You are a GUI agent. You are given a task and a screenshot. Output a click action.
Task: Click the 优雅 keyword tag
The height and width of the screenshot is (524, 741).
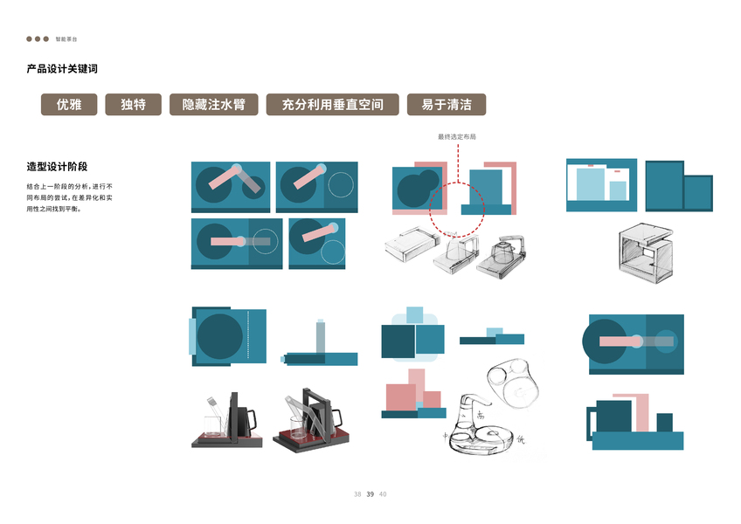click(x=69, y=105)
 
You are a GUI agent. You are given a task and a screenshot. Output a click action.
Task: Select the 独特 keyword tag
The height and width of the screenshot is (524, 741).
click(x=133, y=105)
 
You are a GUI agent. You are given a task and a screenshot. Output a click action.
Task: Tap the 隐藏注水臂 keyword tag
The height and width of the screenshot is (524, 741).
click(x=213, y=105)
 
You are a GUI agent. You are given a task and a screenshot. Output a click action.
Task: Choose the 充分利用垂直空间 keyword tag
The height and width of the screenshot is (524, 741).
click(x=332, y=105)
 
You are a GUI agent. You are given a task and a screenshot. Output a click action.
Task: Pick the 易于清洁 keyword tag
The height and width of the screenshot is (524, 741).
click(x=446, y=105)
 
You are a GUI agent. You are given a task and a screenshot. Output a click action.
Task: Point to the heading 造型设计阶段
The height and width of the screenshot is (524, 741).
click(x=58, y=166)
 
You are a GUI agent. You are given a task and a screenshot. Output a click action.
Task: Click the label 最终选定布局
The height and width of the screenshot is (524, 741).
click(x=457, y=136)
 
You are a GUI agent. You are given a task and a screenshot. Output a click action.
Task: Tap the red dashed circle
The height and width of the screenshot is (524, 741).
click(x=457, y=210)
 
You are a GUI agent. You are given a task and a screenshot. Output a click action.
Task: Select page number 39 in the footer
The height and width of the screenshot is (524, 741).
click(x=370, y=494)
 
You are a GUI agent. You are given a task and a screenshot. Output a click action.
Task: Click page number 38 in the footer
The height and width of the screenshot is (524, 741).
click(x=357, y=494)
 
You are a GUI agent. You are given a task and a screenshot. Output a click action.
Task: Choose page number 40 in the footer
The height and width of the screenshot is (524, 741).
click(x=383, y=494)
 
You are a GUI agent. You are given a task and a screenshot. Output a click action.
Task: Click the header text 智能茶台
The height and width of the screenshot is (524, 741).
click(x=66, y=39)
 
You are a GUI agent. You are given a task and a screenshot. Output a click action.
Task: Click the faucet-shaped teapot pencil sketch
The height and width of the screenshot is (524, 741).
click(x=485, y=419)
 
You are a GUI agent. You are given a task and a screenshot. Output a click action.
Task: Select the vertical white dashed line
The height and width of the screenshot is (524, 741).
click(x=249, y=337)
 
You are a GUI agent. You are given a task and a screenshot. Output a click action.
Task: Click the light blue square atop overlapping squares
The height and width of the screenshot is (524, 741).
click(x=414, y=315)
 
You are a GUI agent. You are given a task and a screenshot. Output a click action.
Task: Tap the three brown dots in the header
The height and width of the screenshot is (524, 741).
click(x=38, y=39)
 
